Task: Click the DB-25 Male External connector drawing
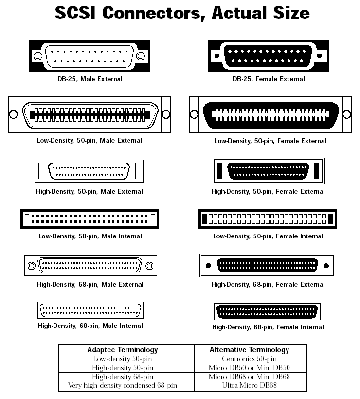[90, 56]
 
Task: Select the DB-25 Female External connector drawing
[269, 56]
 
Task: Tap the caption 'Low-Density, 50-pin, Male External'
[90, 141]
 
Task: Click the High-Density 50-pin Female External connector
[268, 171]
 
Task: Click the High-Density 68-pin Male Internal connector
[90, 310]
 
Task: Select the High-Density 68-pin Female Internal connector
[268, 310]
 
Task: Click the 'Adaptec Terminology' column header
[122, 349]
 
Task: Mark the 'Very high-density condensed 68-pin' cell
[122, 386]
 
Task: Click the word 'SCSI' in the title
[77, 13]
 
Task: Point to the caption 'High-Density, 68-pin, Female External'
[268, 284]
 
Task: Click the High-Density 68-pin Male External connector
[90, 265]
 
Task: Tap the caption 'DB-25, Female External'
[269, 79]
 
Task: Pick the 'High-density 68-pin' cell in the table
[122, 377]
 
